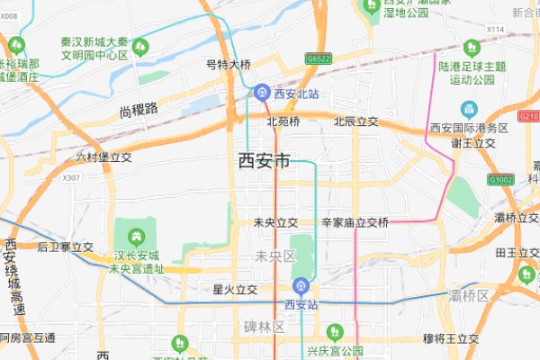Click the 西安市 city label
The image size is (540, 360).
click(x=264, y=161)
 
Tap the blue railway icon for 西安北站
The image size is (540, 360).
click(x=261, y=92)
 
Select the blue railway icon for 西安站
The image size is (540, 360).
click(x=301, y=287)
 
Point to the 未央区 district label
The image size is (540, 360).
click(x=275, y=256)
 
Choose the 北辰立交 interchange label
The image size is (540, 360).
click(x=355, y=121)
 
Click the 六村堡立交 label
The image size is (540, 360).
click(x=103, y=157)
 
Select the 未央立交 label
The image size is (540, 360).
click(x=275, y=222)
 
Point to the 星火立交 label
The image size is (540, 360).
click(x=235, y=290)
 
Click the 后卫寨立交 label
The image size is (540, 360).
click(x=66, y=246)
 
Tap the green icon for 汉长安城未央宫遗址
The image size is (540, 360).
click(x=136, y=237)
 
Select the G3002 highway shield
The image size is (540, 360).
click(x=500, y=180)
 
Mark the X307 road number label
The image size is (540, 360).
click(x=72, y=178)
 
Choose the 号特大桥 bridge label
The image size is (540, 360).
click(x=229, y=65)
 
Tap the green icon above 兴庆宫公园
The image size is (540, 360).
click(x=335, y=332)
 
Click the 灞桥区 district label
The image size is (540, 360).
click(x=469, y=295)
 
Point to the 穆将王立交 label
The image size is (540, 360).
click(x=451, y=338)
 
